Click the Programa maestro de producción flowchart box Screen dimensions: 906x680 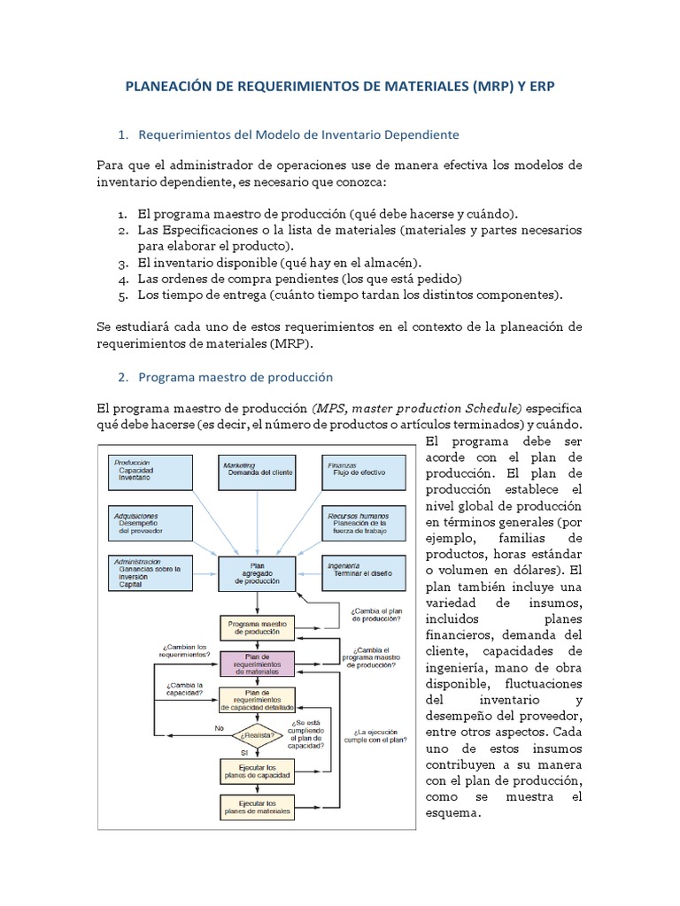coord(257,629)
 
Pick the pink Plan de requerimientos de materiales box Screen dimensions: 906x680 coord(257,664)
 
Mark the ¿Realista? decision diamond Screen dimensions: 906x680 coord(257,734)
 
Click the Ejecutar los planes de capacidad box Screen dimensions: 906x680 coord(257,771)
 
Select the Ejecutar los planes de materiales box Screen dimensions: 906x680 coord(257,807)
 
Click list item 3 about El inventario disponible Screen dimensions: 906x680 coord(280,263)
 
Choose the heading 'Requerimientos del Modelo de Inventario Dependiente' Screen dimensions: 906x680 coord(298,134)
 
